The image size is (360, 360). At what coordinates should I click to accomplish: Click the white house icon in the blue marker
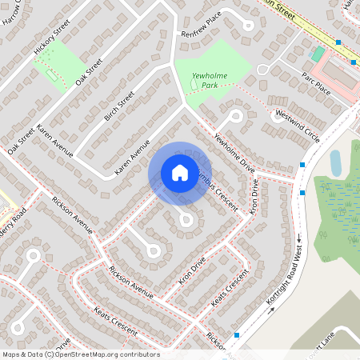point(180,172)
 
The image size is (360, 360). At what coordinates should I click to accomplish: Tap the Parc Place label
point(316,81)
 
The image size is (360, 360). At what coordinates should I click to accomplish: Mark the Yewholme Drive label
point(234,153)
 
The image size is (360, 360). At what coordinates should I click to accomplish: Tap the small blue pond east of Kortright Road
point(335,163)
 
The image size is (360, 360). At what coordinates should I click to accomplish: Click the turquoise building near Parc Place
point(318,54)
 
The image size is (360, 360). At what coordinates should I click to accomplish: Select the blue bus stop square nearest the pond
point(302,165)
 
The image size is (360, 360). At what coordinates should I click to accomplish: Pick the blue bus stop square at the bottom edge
point(237,335)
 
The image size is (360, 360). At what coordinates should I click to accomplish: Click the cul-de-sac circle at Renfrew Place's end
point(249,25)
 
